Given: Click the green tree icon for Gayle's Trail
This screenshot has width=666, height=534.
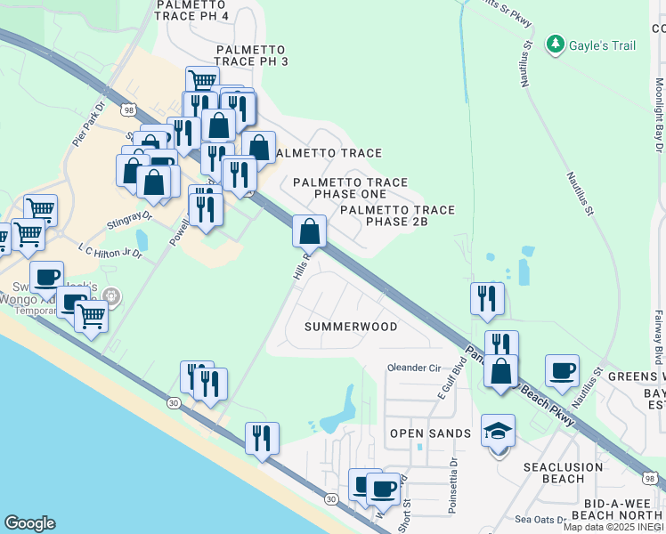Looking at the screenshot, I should tap(556, 44).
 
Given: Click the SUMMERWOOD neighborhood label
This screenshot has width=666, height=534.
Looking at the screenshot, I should tap(351, 327).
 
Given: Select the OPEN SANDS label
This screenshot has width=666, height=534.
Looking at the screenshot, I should tap(430, 433).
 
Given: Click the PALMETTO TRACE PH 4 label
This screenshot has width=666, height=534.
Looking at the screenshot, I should tap(204, 10).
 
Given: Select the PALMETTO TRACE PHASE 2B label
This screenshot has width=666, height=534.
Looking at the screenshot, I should tap(397, 216).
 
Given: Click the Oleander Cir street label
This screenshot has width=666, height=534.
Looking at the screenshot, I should tap(414, 368).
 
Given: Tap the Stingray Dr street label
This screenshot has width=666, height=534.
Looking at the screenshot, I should tap(130, 216).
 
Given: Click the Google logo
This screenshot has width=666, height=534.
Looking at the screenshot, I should tap(29, 523).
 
